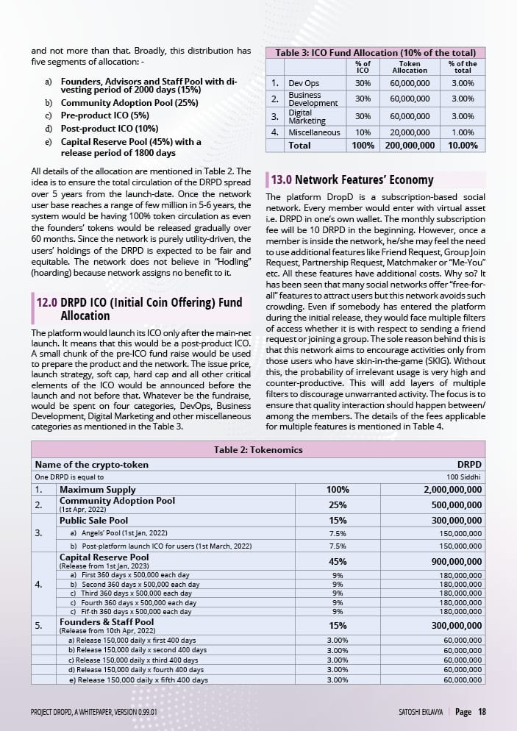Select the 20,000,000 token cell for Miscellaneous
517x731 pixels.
tap(410, 132)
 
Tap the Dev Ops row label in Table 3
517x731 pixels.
tap(303, 83)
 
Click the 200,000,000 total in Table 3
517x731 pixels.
tap(410, 146)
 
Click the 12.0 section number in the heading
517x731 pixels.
tap(46, 302)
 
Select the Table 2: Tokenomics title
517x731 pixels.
tap(257, 450)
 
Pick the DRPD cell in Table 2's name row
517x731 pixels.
tap(469, 465)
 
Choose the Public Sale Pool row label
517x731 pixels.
tap(93, 520)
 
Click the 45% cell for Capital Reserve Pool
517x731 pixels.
tap(338, 562)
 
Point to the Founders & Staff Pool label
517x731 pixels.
tap(107, 621)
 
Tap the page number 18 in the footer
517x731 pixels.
tap(482, 712)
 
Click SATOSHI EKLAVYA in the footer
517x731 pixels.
tap(416, 713)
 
